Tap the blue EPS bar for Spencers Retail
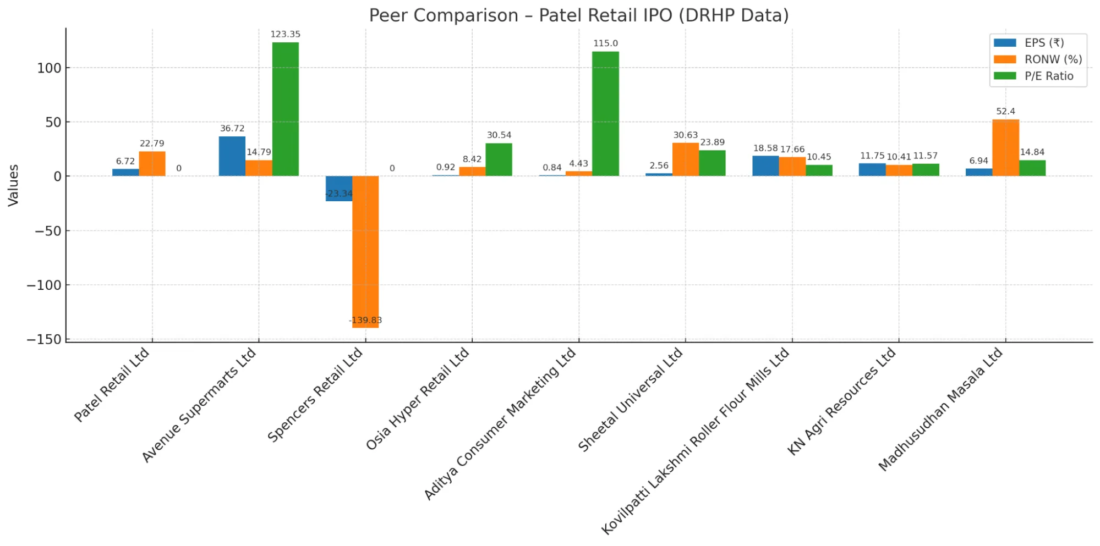pyautogui.click(x=338, y=188)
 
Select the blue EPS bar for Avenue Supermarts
pyautogui.click(x=232, y=156)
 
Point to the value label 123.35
pyautogui.click(x=285, y=34)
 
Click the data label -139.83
pyautogui.click(x=365, y=320)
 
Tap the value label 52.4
pyautogui.click(x=1005, y=111)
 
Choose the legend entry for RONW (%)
pyautogui.click(x=1052, y=59)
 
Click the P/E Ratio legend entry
pyautogui.click(x=1048, y=76)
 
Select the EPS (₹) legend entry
pyautogui.click(x=1043, y=43)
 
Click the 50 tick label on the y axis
pyautogui.click(x=53, y=122)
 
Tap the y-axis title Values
pyautogui.click(x=13, y=185)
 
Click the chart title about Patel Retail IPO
pyautogui.click(x=578, y=15)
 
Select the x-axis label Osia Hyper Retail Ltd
pyautogui.click(x=418, y=398)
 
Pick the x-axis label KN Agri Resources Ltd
pyautogui.click(x=842, y=401)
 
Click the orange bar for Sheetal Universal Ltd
pyautogui.click(x=685, y=159)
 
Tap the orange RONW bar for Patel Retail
pyautogui.click(x=152, y=164)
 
